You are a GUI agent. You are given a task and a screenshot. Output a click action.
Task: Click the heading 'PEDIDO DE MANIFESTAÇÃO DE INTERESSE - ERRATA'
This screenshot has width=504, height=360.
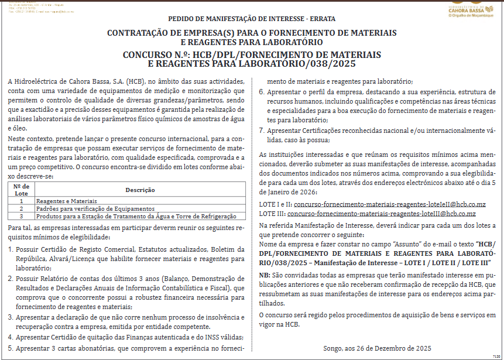tap(252, 19)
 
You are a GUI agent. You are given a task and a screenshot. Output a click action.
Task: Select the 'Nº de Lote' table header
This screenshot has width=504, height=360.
tap(21, 190)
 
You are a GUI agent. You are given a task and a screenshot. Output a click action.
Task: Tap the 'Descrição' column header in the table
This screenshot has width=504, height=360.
tap(140, 190)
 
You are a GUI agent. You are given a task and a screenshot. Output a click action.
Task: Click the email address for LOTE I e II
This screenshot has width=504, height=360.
tap(390, 205)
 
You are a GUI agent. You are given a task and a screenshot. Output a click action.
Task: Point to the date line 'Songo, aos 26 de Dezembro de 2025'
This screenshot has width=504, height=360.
tap(377, 349)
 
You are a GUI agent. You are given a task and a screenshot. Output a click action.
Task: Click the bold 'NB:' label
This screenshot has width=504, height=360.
tap(265, 275)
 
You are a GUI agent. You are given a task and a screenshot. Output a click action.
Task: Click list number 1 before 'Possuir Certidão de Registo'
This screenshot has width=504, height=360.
tap(11, 249)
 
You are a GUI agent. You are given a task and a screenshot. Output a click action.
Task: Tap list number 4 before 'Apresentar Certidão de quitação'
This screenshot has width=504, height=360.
tap(11, 337)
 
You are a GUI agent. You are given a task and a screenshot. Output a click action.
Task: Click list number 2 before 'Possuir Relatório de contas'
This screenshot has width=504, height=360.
tap(11, 279)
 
